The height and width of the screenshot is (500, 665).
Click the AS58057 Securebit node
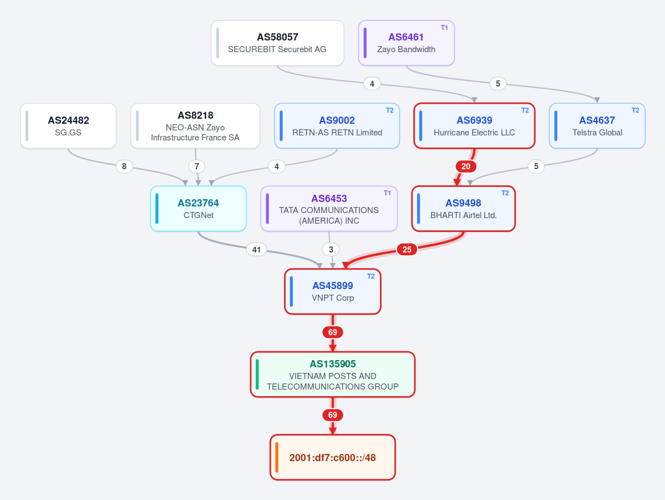tap(277, 43)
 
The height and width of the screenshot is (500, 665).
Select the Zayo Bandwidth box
tap(407, 43)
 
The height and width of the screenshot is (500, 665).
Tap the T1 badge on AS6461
tap(444, 28)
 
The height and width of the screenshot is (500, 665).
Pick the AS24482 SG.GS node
tap(68, 125)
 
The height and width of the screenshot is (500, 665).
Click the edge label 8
tap(124, 166)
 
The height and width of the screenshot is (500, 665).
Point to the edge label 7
tap(197, 166)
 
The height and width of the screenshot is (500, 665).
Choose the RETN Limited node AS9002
tap(337, 125)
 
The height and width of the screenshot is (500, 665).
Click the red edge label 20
tap(466, 166)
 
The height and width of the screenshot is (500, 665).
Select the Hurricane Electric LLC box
tap(474, 125)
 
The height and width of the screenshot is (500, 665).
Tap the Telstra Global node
tap(597, 125)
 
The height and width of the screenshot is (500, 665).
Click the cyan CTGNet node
tap(199, 209)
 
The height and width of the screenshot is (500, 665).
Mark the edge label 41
tap(257, 250)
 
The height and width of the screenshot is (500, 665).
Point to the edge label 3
tap(331, 250)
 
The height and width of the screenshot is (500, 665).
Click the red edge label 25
tap(407, 250)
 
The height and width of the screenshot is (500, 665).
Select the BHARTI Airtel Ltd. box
tap(464, 209)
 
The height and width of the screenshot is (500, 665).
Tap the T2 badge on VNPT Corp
tap(370, 276)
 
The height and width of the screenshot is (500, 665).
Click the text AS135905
tap(333, 363)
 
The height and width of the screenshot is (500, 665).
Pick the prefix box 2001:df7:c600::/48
tap(333, 457)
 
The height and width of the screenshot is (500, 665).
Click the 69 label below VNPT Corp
tap(333, 332)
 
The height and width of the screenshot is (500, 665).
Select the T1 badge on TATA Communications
tap(387, 193)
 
